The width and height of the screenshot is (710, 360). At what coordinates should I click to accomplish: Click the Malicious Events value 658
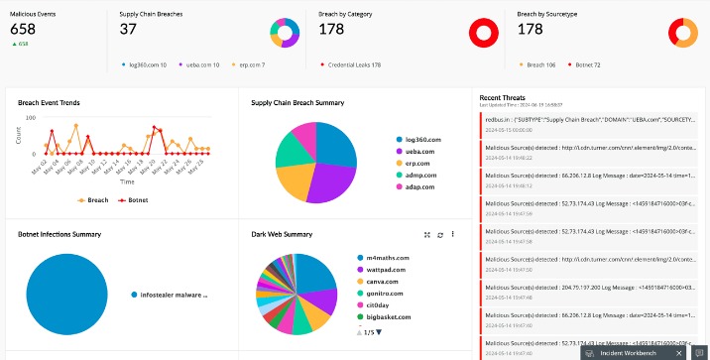pos(23,29)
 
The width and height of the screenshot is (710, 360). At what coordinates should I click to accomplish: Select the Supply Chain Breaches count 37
pos(128,29)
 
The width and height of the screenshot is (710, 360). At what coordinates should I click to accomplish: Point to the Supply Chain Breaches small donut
pos(285,34)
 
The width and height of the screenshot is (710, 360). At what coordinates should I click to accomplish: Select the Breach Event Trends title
pos(49,102)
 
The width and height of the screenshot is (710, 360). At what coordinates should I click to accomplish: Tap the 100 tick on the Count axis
pos(29,118)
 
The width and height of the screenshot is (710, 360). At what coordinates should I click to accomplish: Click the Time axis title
pos(127,182)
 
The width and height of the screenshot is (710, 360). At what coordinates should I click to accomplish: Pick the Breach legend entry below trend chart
pos(95,199)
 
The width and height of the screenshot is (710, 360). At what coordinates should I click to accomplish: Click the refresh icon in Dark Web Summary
pos(439,235)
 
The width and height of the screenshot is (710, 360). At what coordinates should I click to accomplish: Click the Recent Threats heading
pos(503,97)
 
